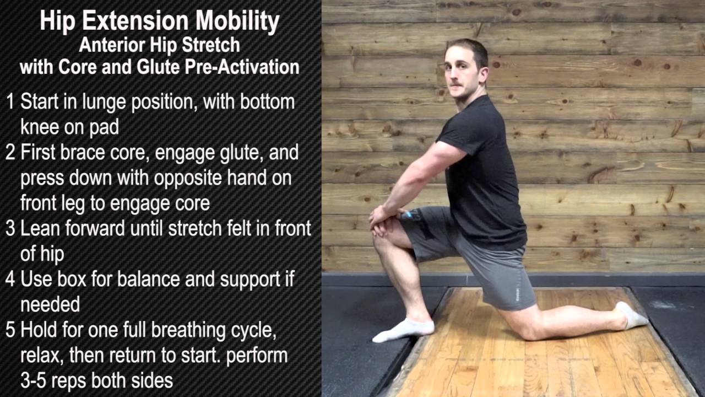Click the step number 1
10,102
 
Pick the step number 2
10,153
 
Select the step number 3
10,229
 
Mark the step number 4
10,279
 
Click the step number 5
10,330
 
